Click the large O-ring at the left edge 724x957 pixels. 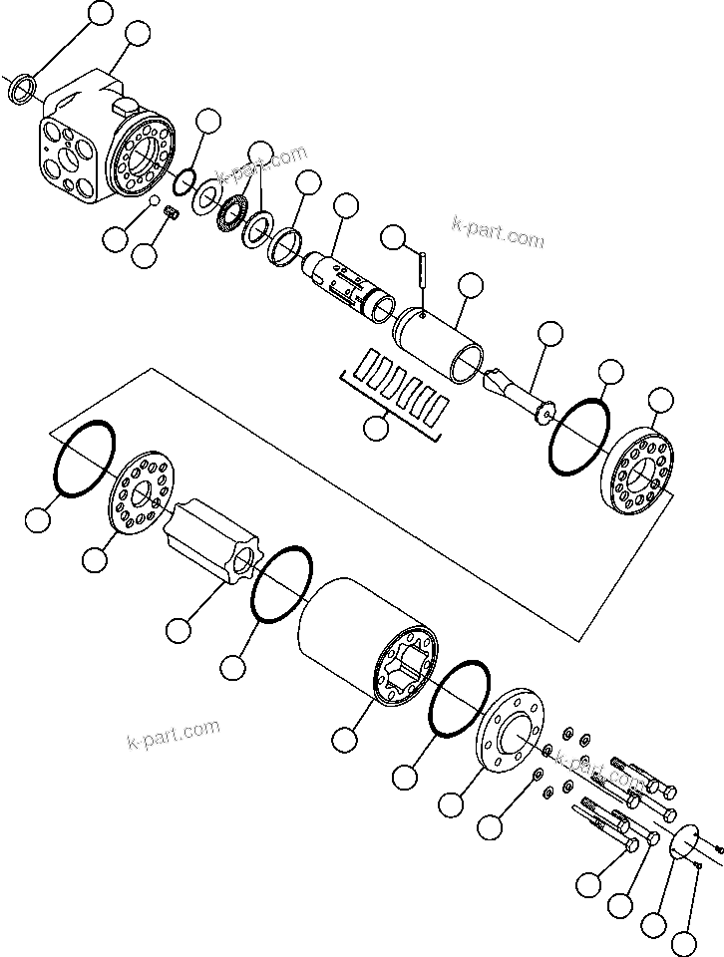86,458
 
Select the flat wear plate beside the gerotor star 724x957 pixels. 139,492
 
